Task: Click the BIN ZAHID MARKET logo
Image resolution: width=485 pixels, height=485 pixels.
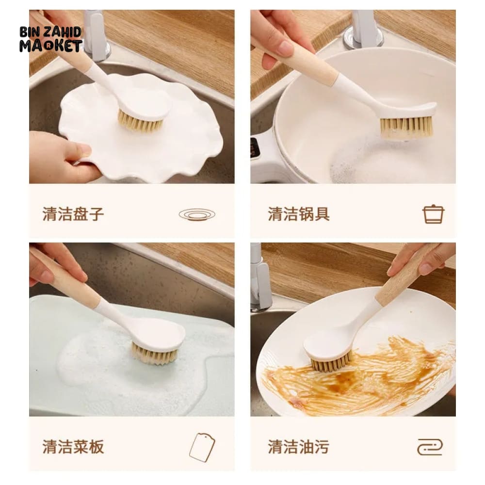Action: pyautogui.click(x=51, y=39)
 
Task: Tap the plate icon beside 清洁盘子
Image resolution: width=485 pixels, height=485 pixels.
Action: pyautogui.click(x=197, y=214)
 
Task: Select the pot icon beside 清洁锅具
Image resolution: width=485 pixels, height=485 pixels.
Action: pyautogui.click(x=433, y=214)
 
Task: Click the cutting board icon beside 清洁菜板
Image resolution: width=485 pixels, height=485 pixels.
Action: pyautogui.click(x=202, y=447)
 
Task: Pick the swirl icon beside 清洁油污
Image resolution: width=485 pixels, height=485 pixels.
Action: pyautogui.click(x=430, y=447)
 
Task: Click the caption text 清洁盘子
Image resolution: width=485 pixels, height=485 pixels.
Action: pyautogui.click(x=73, y=214)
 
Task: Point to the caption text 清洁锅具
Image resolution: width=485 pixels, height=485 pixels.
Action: pyautogui.click(x=298, y=214)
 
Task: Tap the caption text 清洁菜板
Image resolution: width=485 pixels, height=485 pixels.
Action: pyautogui.click(x=73, y=447)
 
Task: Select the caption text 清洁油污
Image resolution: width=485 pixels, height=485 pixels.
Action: pyautogui.click(x=298, y=447)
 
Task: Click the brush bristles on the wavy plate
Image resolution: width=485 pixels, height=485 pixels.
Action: pyautogui.click(x=140, y=122)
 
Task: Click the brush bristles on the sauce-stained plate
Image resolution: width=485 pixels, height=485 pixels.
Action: pyautogui.click(x=331, y=362)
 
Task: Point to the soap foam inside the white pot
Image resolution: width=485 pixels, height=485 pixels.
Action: pyautogui.click(x=356, y=164)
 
